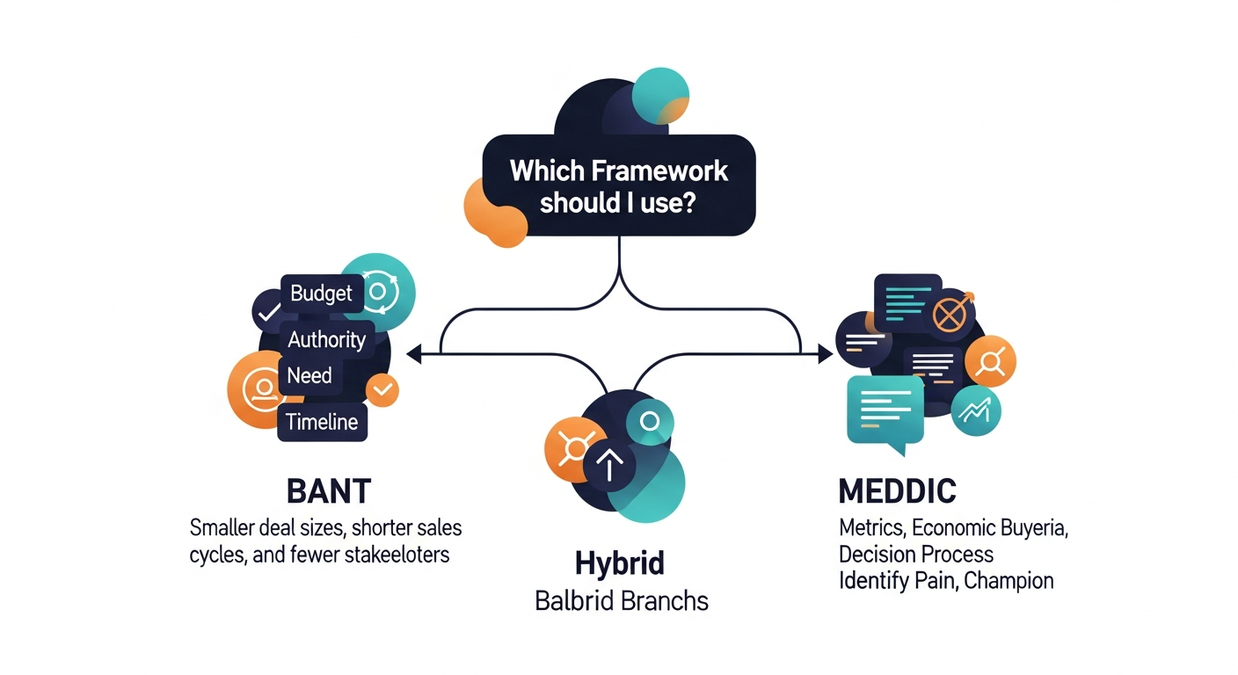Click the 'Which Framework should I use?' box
(619, 185)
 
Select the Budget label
(321, 294)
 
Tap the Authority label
(326, 339)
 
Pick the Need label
(309, 376)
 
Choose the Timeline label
(322, 422)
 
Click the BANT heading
(329, 490)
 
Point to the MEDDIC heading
(898, 490)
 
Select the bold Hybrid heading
(619, 562)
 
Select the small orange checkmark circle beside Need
(382, 389)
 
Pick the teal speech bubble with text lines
(884, 410)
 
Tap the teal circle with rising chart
(976, 410)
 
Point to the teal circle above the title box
(659, 95)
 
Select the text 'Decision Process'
(915, 555)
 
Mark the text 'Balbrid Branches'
(621, 601)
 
